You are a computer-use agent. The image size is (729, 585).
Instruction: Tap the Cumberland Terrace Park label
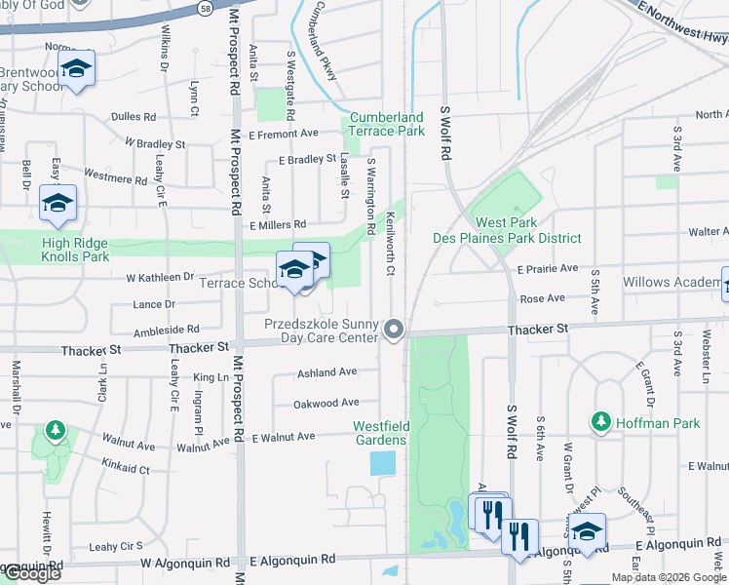click(x=387, y=124)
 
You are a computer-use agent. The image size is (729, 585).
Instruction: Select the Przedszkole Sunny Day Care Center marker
click(x=394, y=330)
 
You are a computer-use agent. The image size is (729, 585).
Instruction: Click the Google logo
click(x=31, y=573)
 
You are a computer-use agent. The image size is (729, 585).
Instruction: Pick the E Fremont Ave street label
click(x=284, y=134)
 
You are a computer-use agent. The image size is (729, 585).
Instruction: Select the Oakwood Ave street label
click(x=326, y=403)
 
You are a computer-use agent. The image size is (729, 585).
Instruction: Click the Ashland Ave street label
click(x=326, y=372)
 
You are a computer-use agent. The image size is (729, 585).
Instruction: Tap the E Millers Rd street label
click(x=278, y=225)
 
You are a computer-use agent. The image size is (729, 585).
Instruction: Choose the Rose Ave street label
click(x=543, y=298)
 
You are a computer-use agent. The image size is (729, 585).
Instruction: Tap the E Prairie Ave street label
click(x=548, y=268)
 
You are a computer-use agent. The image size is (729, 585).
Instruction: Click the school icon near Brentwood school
click(x=76, y=69)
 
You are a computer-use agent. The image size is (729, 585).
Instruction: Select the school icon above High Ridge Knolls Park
click(x=58, y=203)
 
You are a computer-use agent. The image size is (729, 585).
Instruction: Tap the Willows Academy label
click(x=673, y=283)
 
